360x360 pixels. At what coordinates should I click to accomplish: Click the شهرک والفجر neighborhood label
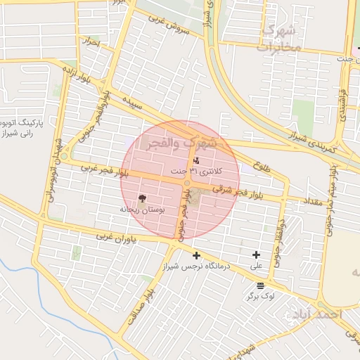181,144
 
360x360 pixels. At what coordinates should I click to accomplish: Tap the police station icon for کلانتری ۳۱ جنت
186,161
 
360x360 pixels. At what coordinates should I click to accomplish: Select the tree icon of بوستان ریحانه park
142,198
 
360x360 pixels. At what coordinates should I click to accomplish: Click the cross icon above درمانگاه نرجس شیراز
196,255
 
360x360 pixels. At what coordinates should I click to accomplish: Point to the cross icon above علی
256,255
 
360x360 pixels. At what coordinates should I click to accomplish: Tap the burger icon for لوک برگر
261,285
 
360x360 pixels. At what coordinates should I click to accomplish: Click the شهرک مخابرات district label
278,39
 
